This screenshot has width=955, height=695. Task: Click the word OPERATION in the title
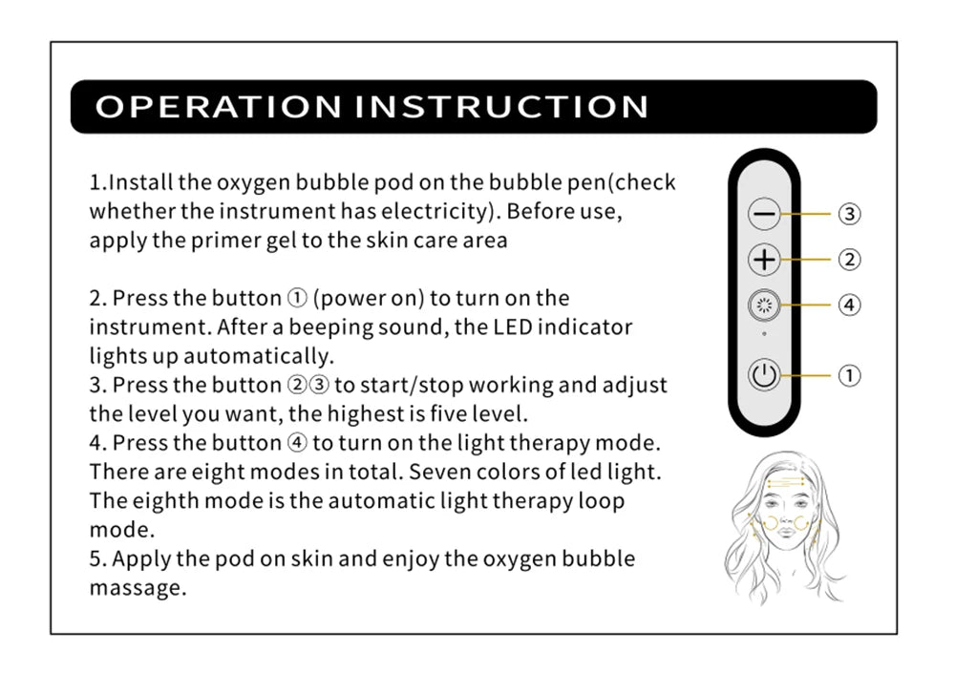point(218,107)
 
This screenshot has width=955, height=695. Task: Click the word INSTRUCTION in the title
point(502,107)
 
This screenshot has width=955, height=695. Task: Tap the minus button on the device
point(764,214)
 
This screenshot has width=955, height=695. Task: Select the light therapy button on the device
point(764,305)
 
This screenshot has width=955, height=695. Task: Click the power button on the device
point(764,375)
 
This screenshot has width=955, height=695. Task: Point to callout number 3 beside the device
point(850,214)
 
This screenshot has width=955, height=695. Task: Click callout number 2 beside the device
point(850,260)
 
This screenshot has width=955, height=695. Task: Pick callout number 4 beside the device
point(850,305)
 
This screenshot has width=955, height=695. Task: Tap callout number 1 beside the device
point(850,375)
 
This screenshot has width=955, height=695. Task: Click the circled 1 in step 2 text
point(297,298)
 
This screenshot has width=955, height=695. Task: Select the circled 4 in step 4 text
point(297,443)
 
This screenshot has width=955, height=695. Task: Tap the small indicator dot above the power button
point(764,333)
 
